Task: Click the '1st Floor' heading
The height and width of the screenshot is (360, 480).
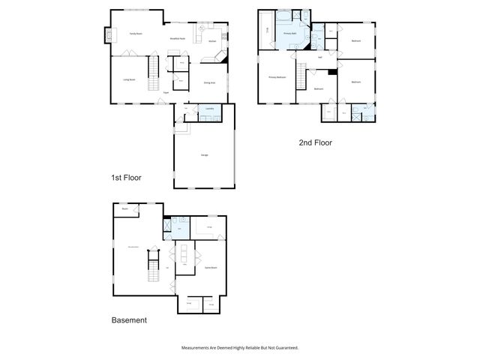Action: [x=126, y=178]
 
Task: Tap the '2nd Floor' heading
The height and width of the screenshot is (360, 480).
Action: [x=315, y=142]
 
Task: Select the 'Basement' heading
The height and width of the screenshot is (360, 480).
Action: [x=129, y=319]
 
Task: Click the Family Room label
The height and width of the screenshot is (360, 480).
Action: [x=135, y=34]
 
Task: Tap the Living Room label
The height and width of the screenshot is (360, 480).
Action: [x=129, y=79]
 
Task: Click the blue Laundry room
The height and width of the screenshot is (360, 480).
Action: [x=208, y=112]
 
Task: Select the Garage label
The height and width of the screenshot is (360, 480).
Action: [x=204, y=154]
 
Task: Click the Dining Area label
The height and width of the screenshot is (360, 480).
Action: [x=210, y=83]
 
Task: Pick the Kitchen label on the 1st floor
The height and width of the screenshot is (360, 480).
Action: [x=212, y=40]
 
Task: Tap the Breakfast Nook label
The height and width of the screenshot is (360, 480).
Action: [x=178, y=37]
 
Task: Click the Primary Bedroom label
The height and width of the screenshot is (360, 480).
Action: [x=277, y=77]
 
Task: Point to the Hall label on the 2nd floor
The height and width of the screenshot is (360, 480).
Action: [x=320, y=58]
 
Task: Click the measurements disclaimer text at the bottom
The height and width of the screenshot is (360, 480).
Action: [x=240, y=347]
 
